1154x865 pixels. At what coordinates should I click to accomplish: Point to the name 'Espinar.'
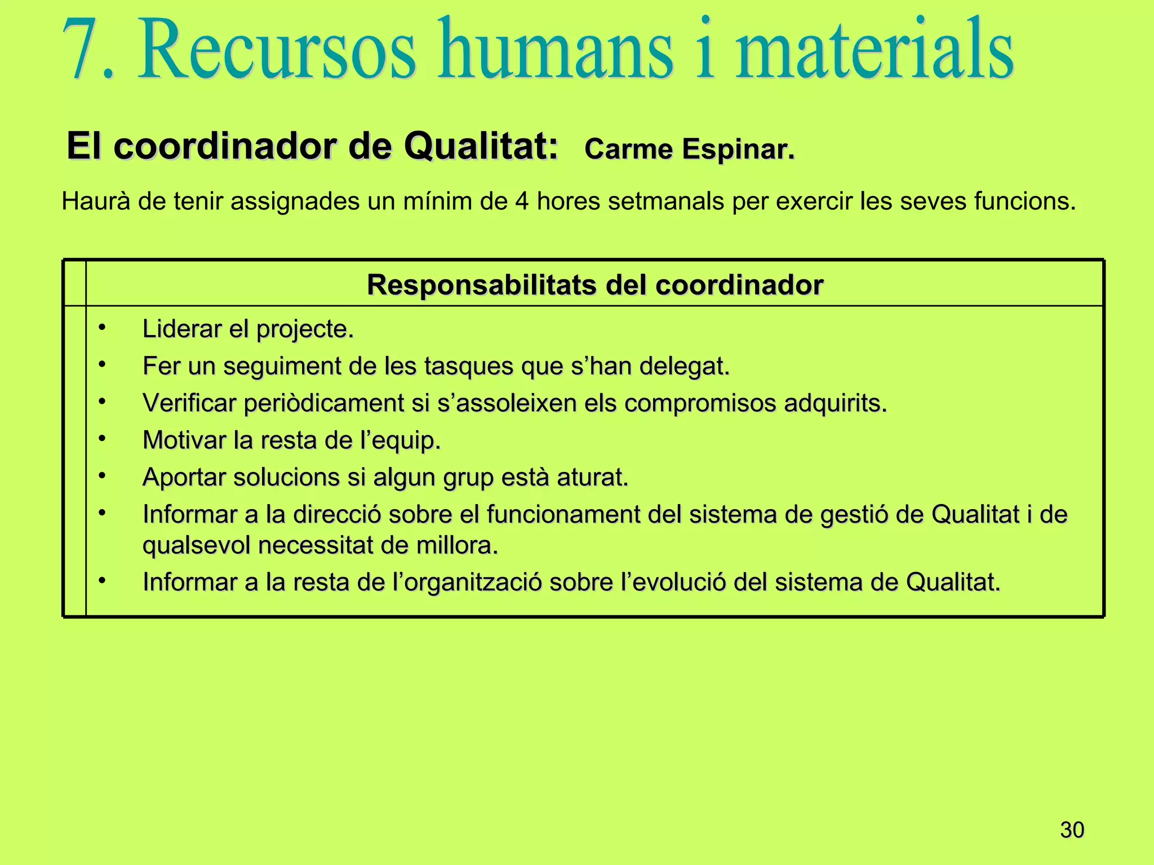(738, 150)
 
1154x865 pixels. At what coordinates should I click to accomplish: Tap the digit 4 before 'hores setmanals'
(521, 202)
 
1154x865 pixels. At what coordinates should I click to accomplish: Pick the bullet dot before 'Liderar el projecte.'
(102, 327)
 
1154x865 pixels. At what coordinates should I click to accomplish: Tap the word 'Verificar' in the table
(189, 403)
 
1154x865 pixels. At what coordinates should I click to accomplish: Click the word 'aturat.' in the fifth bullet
(592, 478)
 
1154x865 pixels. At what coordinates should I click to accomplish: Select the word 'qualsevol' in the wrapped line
(197, 546)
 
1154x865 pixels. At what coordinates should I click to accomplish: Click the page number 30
(1072, 830)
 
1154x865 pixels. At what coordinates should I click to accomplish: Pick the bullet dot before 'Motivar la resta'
(102, 438)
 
